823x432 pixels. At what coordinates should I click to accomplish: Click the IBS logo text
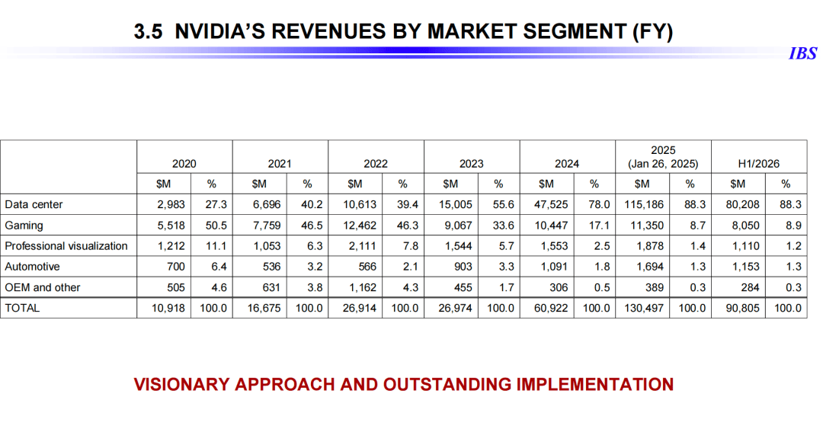point(802,53)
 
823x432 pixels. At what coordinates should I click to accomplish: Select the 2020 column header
point(184,163)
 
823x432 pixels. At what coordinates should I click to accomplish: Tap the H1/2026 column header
point(758,163)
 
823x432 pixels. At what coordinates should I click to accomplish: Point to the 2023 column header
point(471,163)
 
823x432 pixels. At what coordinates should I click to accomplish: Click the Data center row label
point(34,205)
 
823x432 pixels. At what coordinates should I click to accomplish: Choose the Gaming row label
point(24,226)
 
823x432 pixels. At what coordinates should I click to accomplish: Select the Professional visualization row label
point(66,246)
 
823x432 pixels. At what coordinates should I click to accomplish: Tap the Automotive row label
point(32,267)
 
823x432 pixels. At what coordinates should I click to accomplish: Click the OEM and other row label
point(43,287)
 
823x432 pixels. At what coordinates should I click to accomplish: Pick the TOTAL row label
point(22,308)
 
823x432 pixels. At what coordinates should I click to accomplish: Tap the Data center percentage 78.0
point(600,205)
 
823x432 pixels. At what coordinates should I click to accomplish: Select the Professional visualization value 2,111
point(362,246)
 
